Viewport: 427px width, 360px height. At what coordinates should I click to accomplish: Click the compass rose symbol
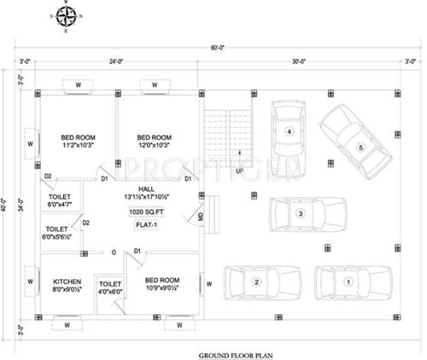point(69,16)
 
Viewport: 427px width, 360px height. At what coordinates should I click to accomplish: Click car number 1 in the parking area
point(348,282)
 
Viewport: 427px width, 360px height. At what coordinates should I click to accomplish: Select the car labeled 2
point(255,282)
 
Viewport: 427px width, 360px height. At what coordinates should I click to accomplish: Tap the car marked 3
point(290,131)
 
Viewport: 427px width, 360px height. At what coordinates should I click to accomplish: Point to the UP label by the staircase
point(240,171)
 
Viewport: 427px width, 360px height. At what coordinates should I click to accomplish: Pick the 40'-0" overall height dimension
point(7,204)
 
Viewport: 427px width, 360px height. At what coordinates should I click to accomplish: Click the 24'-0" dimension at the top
point(115,61)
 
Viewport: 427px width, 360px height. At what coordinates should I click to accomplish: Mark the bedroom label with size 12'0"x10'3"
point(155,142)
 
